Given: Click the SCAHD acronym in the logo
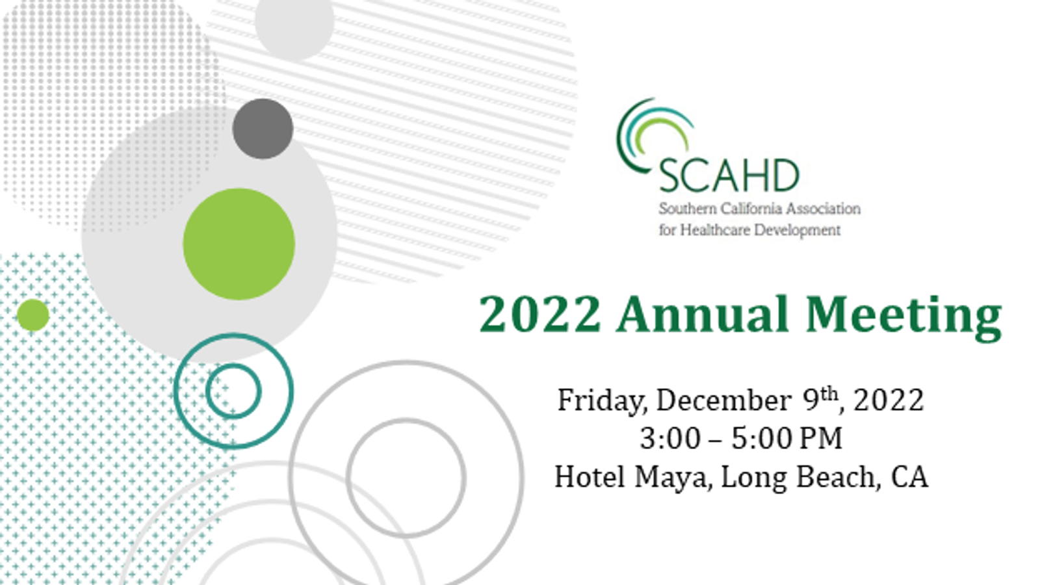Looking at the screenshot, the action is tap(729, 175).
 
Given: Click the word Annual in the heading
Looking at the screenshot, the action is tap(703, 315).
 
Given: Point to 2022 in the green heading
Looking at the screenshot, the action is tap(540, 315).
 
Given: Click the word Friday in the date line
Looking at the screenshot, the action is tap(602, 401).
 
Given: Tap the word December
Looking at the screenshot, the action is tap(724, 400).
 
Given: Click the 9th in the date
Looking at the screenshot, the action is tap(820, 398).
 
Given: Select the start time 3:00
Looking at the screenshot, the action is tap(670, 438).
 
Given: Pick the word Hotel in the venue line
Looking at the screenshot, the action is tap(590, 477).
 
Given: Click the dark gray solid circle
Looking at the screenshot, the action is tap(263, 129).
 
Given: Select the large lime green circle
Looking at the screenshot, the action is tap(239, 244).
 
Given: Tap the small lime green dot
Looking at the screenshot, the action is tap(33, 315).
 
